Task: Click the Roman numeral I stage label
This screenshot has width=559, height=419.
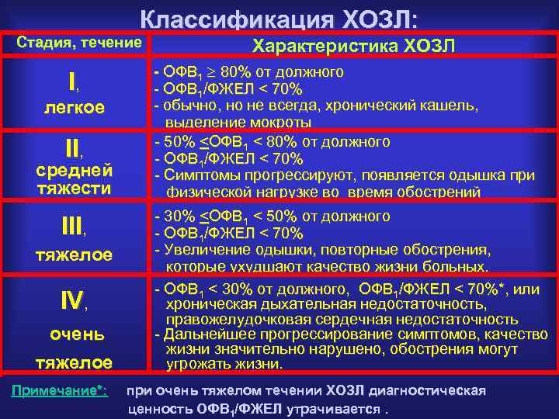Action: pos(71,81)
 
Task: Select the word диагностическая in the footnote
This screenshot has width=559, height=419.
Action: pos(435,390)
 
